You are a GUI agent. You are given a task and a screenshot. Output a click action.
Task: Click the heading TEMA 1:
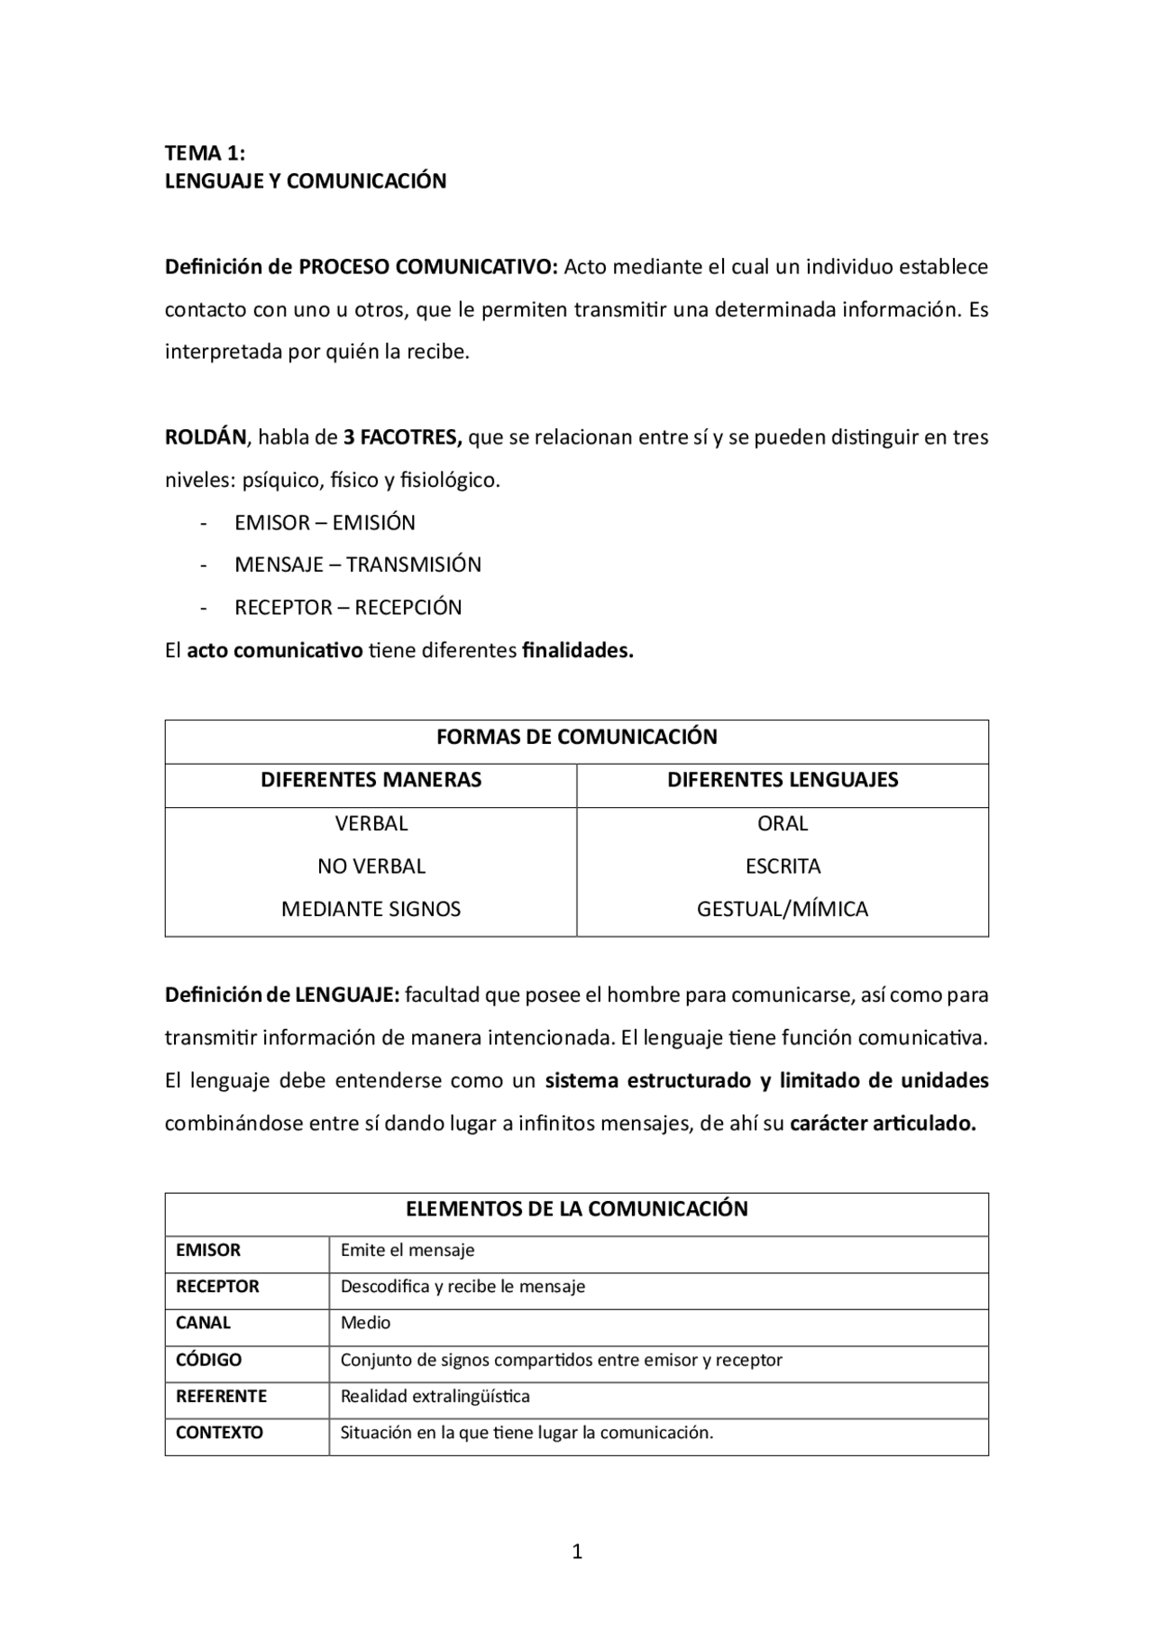[x=205, y=152]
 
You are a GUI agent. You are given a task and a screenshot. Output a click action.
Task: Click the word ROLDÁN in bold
[x=205, y=438]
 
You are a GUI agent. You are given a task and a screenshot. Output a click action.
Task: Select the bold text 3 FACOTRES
[x=402, y=438]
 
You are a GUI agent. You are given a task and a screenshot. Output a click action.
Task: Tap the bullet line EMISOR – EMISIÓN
[x=325, y=523]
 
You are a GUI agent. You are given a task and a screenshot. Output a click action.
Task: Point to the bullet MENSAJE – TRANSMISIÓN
[x=357, y=565]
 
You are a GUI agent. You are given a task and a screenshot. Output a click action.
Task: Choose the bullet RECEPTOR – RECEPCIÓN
[x=347, y=608]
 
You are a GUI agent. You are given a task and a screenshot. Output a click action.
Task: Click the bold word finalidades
[x=577, y=651]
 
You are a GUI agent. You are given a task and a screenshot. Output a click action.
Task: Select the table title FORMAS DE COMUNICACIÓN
[x=576, y=738]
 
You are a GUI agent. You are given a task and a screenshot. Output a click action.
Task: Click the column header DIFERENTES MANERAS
[x=371, y=780]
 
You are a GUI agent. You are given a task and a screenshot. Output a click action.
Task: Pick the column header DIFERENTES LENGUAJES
[x=782, y=780]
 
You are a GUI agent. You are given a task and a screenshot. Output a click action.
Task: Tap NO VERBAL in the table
[x=371, y=867]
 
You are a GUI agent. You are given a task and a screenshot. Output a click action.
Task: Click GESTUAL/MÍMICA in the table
[x=782, y=909]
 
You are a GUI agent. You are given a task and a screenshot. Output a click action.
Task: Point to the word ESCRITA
[x=782, y=867]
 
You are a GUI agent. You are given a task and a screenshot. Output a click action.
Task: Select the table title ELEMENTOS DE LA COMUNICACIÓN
[x=576, y=1209]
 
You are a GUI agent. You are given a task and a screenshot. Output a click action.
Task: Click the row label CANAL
[x=203, y=1323]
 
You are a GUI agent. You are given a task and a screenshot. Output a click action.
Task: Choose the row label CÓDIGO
[x=208, y=1360]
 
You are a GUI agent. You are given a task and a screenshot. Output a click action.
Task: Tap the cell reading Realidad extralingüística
[x=435, y=1397]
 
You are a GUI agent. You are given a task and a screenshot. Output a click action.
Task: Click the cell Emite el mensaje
[x=407, y=1251]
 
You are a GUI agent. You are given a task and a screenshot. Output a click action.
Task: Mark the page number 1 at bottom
[x=577, y=1552]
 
